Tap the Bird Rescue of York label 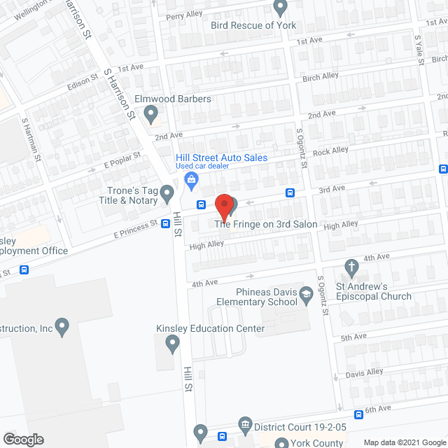click(253, 25)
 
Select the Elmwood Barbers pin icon click(150, 113)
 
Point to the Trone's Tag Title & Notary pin click(167, 192)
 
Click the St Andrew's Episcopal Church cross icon click(352, 266)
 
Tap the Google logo click(22, 439)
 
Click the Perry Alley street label click(184, 14)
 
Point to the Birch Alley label click(321, 77)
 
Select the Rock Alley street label click(331, 150)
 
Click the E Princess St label click(135, 230)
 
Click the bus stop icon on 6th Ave click(359, 414)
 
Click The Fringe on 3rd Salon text click(266, 224)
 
